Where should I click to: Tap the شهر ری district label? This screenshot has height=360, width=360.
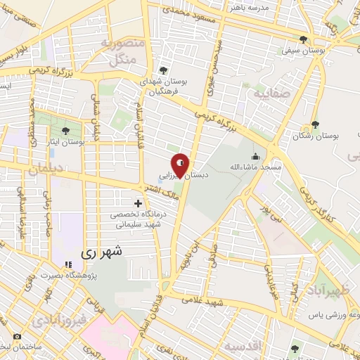point(102,251)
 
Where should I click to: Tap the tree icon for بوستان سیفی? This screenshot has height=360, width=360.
point(303,39)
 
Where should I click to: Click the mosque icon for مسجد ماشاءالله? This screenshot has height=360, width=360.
point(254,156)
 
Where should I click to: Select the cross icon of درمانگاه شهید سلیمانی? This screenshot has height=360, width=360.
point(138,203)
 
